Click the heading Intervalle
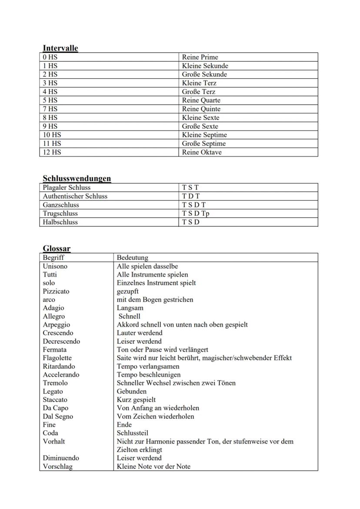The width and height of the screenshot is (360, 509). pyautogui.click(x=60, y=48)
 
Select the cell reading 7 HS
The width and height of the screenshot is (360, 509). pyautogui.click(x=50, y=109)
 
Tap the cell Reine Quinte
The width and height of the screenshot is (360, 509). pyautogui.click(x=201, y=109)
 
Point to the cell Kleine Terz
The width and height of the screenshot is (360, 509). pyautogui.click(x=199, y=83)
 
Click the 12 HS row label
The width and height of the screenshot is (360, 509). pyautogui.click(x=52, y=153)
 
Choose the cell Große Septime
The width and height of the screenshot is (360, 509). pyautogui.click(x=203, y=144)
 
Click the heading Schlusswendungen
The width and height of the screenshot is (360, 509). pyautogui.click(x=77, y=178)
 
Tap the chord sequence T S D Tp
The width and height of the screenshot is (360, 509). pyautogui.click(x=196, y=213)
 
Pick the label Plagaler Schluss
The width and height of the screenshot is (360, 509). pyautogui.click(x=67, y=187)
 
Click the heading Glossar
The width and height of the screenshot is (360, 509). pyautogui.click(x=57, y=248)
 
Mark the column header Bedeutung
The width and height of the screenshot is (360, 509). pyautogui.click(x=132, y=258)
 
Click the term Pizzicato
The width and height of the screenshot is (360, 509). pyautogui.click(x=56, y=291)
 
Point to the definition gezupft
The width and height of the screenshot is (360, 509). pyautogui.click(x=127, y=291)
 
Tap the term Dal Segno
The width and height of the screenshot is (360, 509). pyautogui.click(x=58, y=416)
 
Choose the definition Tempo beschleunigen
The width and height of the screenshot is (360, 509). pyautogui.click(x=148, y=375)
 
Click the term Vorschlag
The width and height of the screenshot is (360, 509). pyautogui.click(x=57, y=466)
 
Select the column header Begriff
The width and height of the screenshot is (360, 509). pyautogui.click(x=53, y=258)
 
